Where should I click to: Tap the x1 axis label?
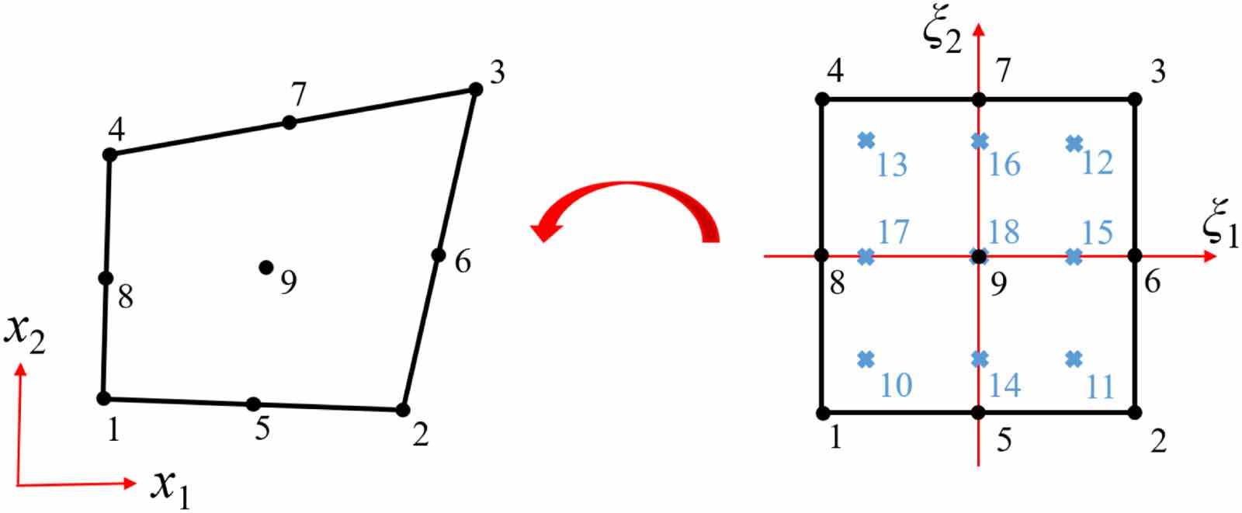pyautogui.click(x=171, y=487)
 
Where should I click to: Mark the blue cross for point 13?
pyautogui.click(x=866, y=140)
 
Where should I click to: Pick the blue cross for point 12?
pyautogui.click(x=1074, y=143)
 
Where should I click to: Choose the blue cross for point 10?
pyautogui.click(x=866, y=359)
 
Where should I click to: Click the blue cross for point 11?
pyautogui.click(x=1074, y=359)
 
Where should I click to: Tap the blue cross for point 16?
pyautogui.click(x=980, y=140)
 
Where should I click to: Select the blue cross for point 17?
pyautogui.click(x=866, y=256)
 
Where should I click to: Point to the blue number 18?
pyautogui.click(x=1004, y=231)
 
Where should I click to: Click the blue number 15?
pyautogui.click(x=1098, y=231)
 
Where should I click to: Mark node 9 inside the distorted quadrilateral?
pyautogui.click(x=266, y=267)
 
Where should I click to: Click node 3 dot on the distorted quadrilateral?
pyautogui.click(x=476, y=89)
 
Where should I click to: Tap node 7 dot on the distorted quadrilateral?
pyautogui.click(x=289, y=122)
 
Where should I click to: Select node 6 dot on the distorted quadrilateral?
pyautogui.click(x=439, y=255)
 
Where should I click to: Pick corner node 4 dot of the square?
pyautogui.click(x=823, y=99)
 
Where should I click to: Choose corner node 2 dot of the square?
pyautogui.click(x=1134, y=412)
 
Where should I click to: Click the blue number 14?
pyautogui.click(x=1004, y=384)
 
